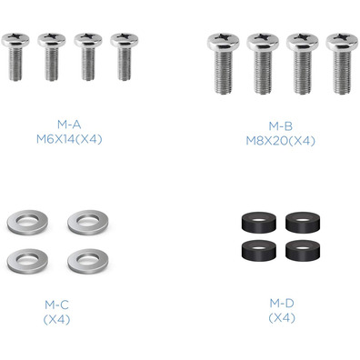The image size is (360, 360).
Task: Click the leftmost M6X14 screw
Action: point(15,56)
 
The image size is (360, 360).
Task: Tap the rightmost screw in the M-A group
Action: point(125,56)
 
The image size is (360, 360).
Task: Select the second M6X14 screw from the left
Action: point(52,56)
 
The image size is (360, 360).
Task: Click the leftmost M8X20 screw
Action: point(224,64)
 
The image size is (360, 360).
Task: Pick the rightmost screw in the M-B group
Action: point(342,64)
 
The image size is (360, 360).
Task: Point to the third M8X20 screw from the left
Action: point(303,64)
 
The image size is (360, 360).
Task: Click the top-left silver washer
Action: point(27,222)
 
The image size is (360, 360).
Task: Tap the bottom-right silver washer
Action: point(88,261)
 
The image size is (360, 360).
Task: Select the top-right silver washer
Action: point(88,222)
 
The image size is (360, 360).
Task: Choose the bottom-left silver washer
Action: point(27,261)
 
